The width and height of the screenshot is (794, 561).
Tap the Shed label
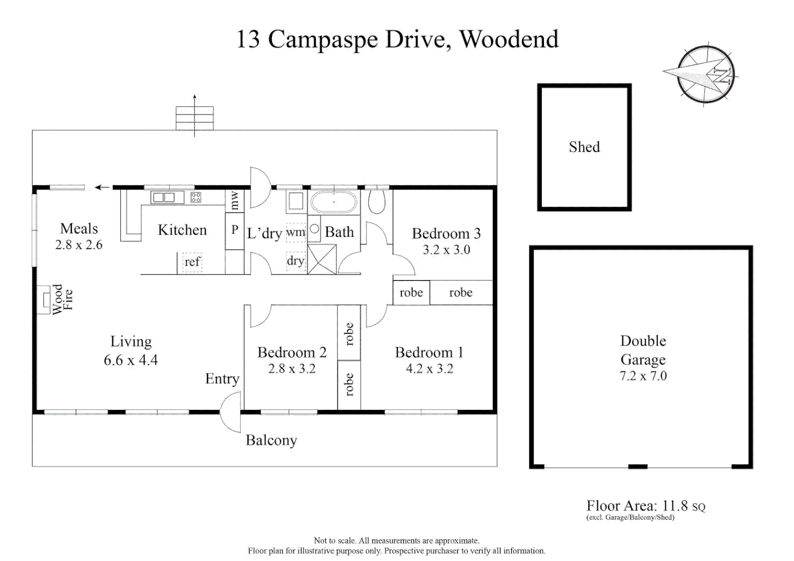tap(584, 147)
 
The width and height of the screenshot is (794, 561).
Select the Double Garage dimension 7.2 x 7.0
tap(643, 376)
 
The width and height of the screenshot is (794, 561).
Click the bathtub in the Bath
tap(334, 202)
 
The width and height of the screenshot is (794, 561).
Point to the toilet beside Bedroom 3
tap(376, 202)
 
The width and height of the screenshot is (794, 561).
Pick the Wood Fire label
tap(63, 299)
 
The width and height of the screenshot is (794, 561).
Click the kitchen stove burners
tap(196, 197)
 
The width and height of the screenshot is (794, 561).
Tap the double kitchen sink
tap(167, 197)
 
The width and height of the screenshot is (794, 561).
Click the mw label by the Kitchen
tap(235, 201)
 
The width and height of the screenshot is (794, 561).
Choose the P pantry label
tap(235, 230)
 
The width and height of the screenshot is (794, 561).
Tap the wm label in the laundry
tap(296, 232)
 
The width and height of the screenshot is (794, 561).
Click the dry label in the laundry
tap(295, 261)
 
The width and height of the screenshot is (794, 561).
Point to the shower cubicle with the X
tap(322, 259)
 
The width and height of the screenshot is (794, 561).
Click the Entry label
tap(222, 379)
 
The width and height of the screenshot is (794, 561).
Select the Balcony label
tap(271, 440)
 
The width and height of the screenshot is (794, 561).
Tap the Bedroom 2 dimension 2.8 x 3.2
tap(292, 369)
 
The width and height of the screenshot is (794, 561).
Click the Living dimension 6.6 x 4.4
tap(131, 360)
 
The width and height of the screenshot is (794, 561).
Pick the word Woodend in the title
tap(509, 39)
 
